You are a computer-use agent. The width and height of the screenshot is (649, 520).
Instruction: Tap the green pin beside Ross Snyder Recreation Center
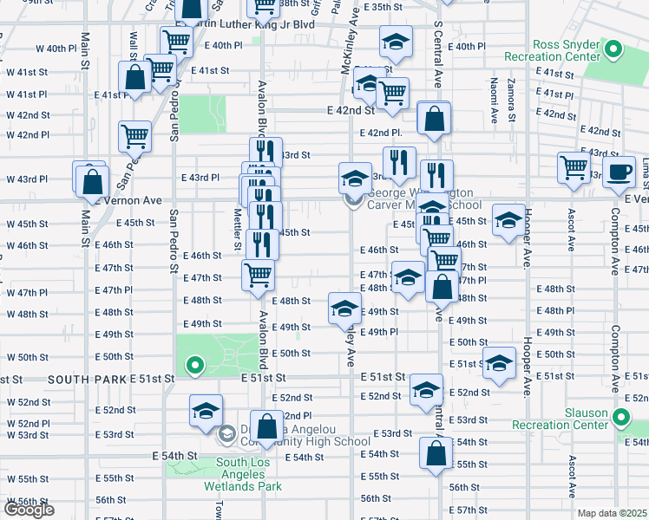(615, 49)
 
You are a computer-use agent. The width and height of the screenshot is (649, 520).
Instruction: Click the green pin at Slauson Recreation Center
(620, 417)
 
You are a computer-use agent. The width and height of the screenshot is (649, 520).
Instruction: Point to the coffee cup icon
(618, 171)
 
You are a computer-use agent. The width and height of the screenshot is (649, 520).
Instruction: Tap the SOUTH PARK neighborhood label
(88, 380)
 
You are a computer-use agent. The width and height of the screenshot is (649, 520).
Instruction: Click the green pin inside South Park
(195, 366)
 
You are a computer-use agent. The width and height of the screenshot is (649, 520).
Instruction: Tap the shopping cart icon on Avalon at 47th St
(259, 276)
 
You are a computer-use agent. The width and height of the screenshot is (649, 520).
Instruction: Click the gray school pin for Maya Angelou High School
(226, 433)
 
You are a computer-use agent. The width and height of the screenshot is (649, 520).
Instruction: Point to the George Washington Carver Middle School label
(425, 199)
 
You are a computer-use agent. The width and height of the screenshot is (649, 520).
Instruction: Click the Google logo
(29, 510)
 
